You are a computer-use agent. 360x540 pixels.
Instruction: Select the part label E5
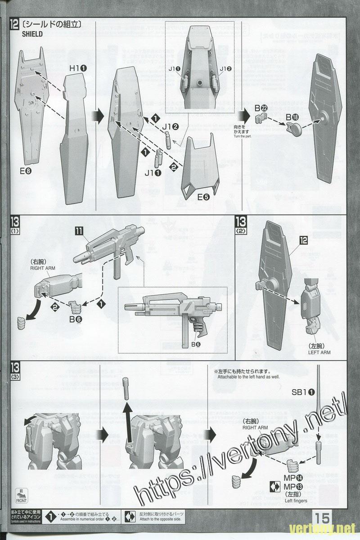tap(203, 197)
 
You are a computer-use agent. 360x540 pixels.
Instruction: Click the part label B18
tap(293, 117)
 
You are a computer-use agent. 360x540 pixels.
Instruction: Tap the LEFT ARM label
tap(319, 352)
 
